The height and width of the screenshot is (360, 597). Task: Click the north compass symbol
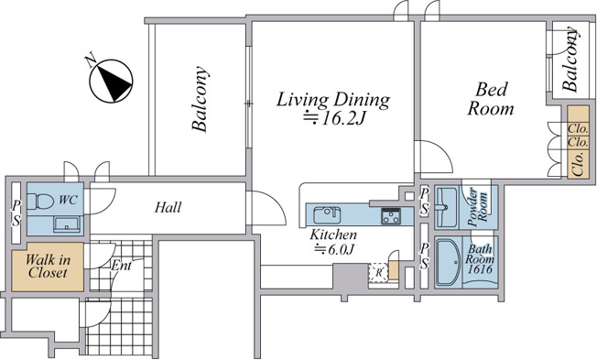click(x=111, y=81)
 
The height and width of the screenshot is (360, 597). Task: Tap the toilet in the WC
click(x=40, y=202)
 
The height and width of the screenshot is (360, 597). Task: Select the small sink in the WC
click(x=67, y=224)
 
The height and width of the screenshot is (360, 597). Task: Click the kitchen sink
click(x=327, y=215)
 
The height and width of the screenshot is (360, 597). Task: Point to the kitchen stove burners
click(x=391, y=216)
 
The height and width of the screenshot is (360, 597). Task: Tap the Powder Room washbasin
click(x=446, y=207)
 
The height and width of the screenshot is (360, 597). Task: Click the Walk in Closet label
click(x=48, y=267)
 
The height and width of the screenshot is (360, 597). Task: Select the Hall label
click(x=168, y=207)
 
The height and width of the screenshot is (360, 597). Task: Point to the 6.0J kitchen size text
click(x=334, y=250)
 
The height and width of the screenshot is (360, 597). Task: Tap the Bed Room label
click(x=491, y=99)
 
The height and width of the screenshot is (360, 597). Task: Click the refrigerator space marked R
click(x=378, y=272)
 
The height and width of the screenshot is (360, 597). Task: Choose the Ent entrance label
click(x=122, y=265)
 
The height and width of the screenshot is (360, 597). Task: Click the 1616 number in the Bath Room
click(x=480, y=269)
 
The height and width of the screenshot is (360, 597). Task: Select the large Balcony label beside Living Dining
click(x=201, y=100)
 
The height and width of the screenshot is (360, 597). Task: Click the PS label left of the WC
click(x=16, y=213)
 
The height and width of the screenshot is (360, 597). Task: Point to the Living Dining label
click(x=333, y=100)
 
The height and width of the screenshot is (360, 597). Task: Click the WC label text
click(x=69, y=200)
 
